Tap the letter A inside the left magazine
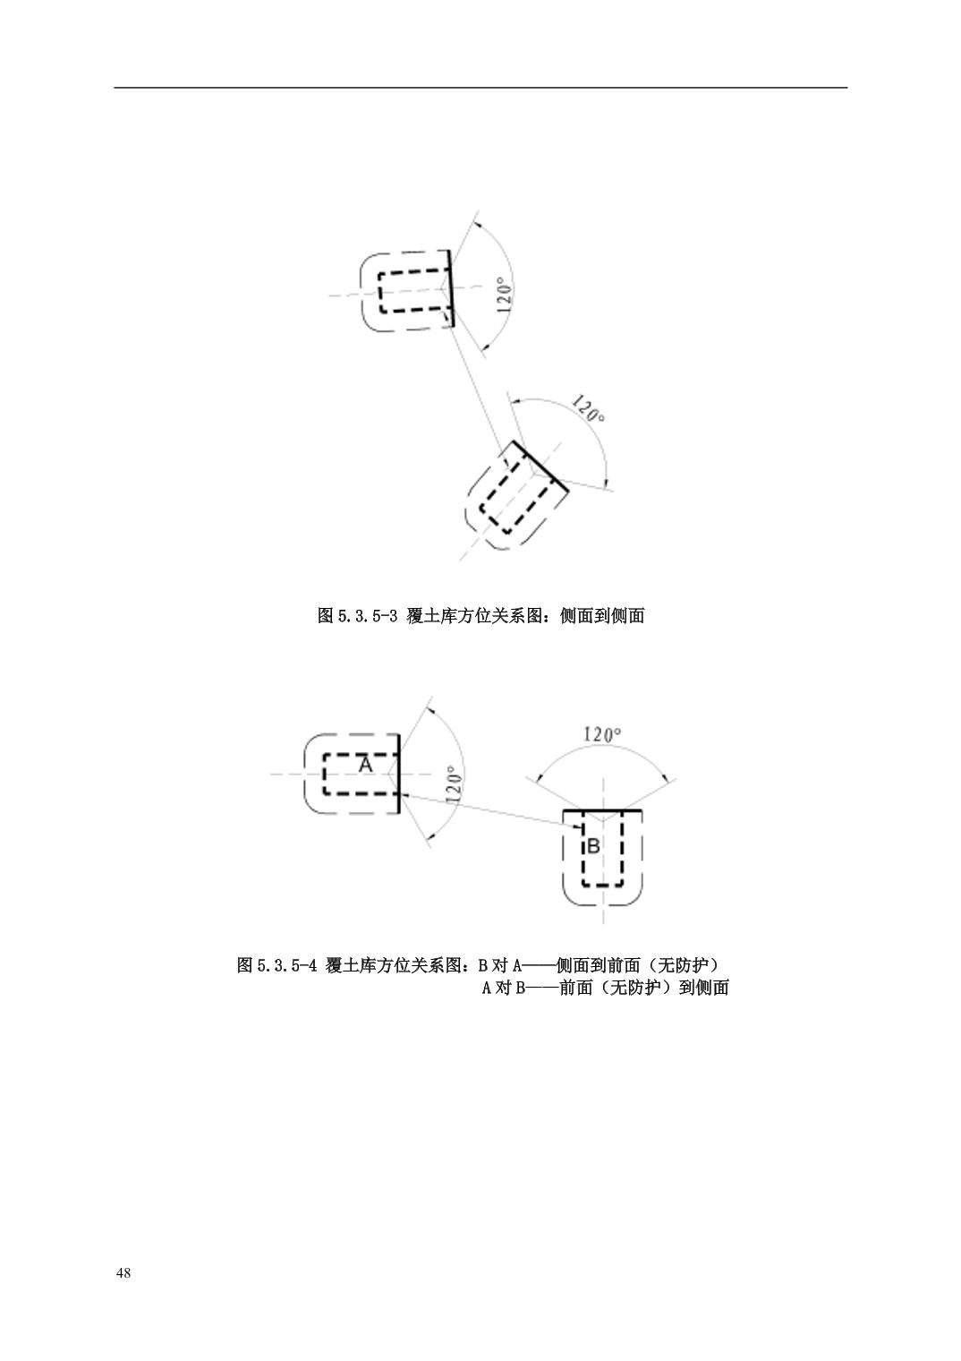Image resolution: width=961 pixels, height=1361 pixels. [x=365, y=765]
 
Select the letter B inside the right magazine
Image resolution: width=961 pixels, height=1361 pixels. [x=594, y=845]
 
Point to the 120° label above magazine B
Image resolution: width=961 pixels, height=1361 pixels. [x=602, y=734]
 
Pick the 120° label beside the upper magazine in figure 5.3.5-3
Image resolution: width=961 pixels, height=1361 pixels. [x=505, y=295]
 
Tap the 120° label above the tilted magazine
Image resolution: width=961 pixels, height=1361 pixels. [x=588, y=409]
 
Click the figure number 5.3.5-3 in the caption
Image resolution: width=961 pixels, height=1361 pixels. [x=366, y=616]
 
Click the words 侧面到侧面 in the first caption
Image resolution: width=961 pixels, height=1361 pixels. [x=601, y=616]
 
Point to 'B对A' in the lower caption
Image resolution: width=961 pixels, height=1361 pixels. [x=500, y=965]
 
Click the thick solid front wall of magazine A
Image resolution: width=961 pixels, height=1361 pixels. [x=398, y=774]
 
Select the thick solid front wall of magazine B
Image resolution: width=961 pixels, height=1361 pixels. [x=602, y=810]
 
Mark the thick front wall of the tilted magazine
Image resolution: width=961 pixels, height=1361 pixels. [x=540, y=466]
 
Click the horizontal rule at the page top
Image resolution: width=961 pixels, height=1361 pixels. [x=480, y=88]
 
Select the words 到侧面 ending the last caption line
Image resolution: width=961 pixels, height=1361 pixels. [x=703, y=988]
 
